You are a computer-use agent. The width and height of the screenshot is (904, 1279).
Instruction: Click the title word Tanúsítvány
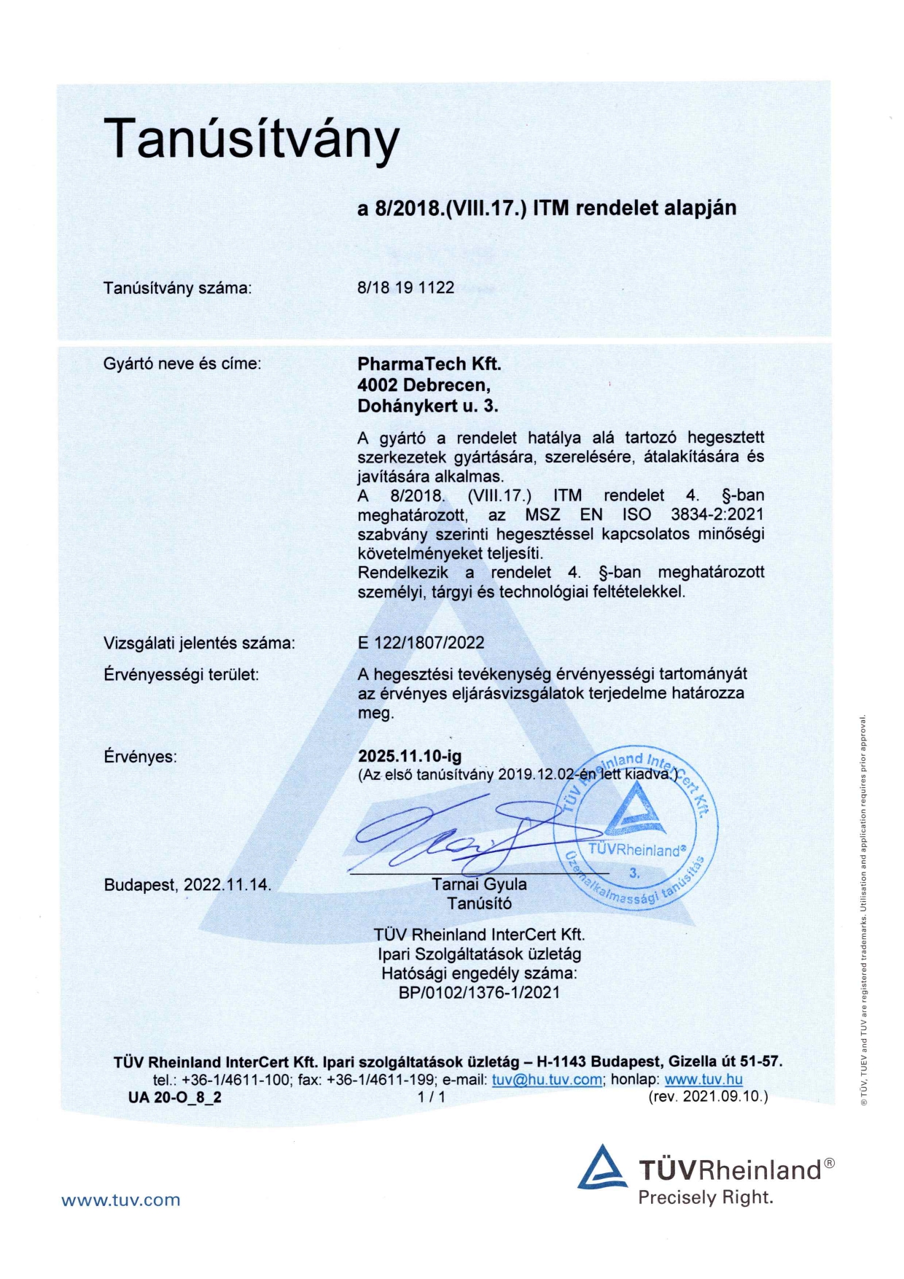pyautogui.click(x=252, y=139)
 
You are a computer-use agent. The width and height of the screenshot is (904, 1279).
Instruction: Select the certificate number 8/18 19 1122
pyautogui.click(x=405, y=287)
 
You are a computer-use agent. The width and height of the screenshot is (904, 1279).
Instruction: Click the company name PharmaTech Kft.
pyautogui.click(x=429, y=363)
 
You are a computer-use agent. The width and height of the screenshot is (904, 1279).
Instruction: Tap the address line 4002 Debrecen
pyautogui.click(x=424, y=385)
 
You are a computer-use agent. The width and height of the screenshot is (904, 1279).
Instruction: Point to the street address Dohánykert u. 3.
pyautogui.click(x=427, y=406)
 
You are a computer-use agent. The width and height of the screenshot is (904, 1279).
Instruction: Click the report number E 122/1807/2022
pyautogui.click(x=421, y=643)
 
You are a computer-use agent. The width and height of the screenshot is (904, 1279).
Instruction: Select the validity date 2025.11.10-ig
pyautogui.click(x=409, y=756)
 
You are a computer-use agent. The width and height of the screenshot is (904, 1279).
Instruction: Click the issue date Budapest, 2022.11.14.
pyautogui.click(x=187, y=885)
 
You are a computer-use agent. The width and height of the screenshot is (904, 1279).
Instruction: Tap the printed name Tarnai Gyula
pyautogui.click(x=479, y=884)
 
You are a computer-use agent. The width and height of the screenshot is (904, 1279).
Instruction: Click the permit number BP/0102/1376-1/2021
pyautogui.click(x=479, y=992)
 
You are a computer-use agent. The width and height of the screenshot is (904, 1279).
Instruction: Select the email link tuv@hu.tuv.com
pyautogui.click(x=547, y=1080)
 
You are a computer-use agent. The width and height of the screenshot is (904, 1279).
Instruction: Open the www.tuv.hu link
pyautogui.click(x=703, y=1080)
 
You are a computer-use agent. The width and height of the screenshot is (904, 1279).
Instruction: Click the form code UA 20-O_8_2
pyautogui.click(x=175, y=1097)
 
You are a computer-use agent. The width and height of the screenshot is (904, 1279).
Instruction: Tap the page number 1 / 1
pyautogui.click(x=432, y=1097)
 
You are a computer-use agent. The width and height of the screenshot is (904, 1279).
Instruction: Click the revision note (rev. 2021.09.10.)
pyautogui.click(x=707, y=1097)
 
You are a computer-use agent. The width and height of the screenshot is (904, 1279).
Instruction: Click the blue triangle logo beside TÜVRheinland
pyautogui.click(x=602, y=1167)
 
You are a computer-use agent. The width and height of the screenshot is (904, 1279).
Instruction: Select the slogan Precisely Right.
pyautogui.click(x=705, y=1197)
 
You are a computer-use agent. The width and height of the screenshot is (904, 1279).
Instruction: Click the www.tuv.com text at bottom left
pyautogui.click(x=120, y=1200)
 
